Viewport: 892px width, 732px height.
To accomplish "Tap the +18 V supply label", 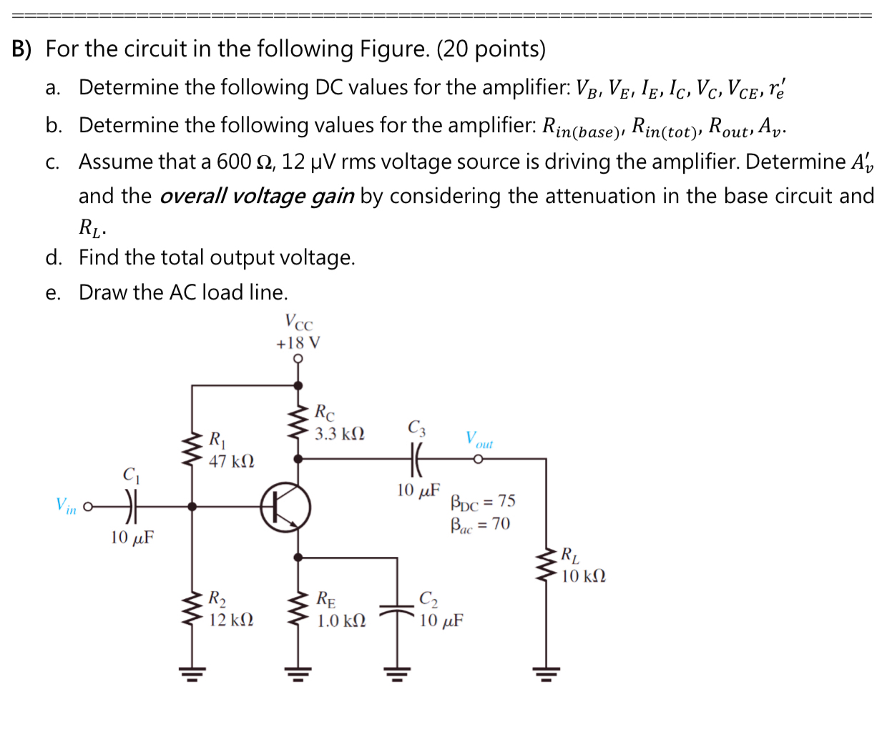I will (x=298, y=343).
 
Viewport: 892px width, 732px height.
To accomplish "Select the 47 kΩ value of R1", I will (x=231, y=461).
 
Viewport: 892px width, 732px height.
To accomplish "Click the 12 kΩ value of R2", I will (x=230, y=620).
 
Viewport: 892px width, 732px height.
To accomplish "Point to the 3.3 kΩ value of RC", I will (x=340, y=434).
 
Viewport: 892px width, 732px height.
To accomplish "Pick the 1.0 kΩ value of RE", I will (x=341, y=620).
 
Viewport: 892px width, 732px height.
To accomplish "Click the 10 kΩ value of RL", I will (x=583, y=576).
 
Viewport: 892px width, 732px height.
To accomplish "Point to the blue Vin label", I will (x=66, y=506).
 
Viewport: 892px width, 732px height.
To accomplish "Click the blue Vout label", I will (x=479, y=439).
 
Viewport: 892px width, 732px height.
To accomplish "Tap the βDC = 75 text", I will (x=483, y=501).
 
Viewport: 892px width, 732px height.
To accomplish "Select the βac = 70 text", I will (x=480, y=525).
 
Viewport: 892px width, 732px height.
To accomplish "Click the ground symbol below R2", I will (x=192, y=672).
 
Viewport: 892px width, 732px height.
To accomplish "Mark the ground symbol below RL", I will (x=546, y=672).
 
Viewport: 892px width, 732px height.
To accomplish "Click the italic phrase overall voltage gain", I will (x=256, y=196).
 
